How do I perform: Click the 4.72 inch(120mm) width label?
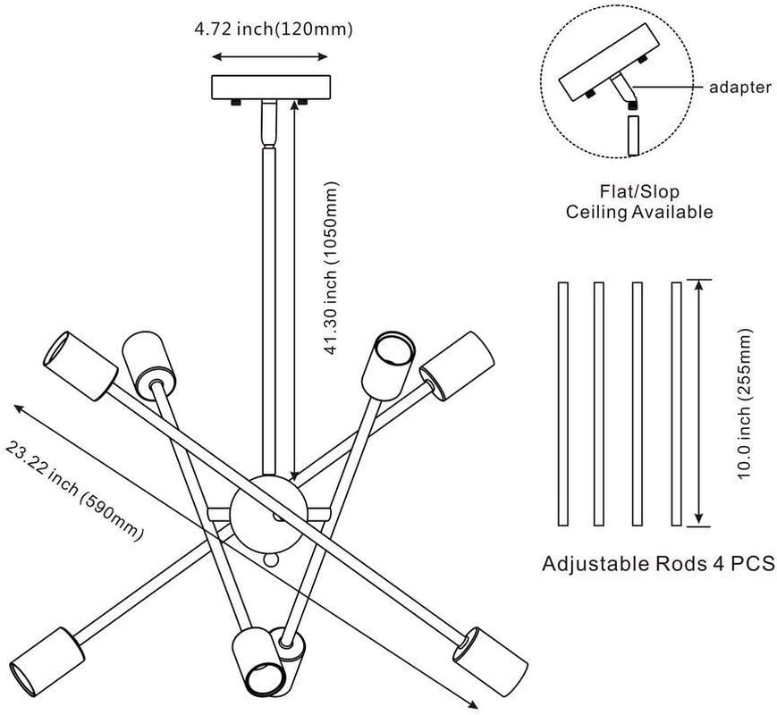274,29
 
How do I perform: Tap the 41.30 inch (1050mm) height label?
333,270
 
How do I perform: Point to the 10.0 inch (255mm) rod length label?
744,404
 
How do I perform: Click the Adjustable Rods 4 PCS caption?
658,565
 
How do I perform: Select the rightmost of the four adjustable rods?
676,405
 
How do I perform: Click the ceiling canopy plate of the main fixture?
271,88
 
